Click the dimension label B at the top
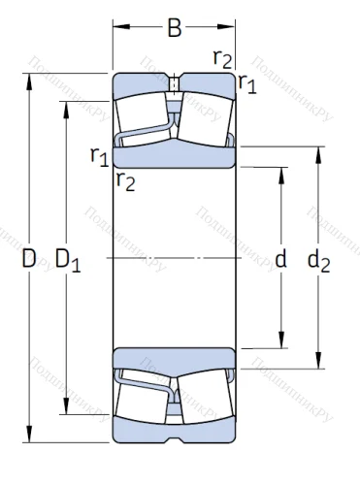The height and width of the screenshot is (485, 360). [x=175, y=29]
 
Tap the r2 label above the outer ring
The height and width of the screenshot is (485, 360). [x=222, y=58]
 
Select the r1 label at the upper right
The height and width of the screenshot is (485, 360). [x=247, y=83]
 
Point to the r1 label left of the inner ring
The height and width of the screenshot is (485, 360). [x=98, y=154]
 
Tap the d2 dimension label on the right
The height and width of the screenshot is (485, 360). [x=317, y=259]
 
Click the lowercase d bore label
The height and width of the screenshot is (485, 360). [x=281, y=259]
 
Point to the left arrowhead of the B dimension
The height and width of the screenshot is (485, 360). [x=117, y=28]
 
